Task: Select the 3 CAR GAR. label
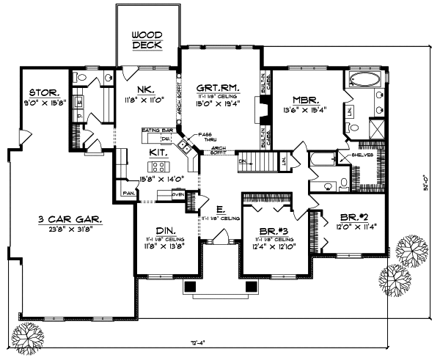tap(70, 218)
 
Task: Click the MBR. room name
tap(304, 100)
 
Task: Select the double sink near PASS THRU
tap(186, 147)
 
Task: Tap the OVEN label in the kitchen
tap(177, 194)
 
